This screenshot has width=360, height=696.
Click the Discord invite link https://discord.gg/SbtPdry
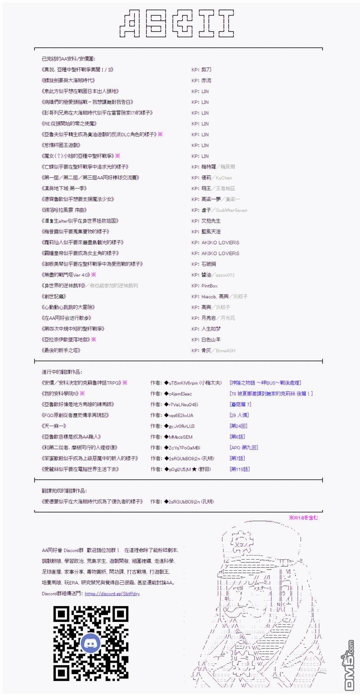coord(112,593)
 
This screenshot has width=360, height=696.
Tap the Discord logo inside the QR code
coord(91,643)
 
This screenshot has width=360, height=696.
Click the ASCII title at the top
coord(177,23)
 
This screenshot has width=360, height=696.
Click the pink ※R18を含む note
coord(303,517)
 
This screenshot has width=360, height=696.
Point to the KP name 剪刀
coord(206,69)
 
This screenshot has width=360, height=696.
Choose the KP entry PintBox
coord(209,286)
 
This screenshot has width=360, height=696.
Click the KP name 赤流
coord(206,80)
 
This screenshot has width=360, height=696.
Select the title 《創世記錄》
coord(54,296)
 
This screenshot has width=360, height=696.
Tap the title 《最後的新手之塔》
coord(61,350)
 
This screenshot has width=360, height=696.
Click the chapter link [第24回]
coord(238,426)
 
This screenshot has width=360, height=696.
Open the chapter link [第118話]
coord(239,469)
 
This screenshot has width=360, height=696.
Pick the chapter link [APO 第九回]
coord(244,448)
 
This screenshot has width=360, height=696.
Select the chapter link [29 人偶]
coord(239,415)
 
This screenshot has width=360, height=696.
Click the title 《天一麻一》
coord(54,426)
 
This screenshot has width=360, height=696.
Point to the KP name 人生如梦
coord(211,329)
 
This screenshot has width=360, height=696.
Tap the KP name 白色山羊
coord(211,340)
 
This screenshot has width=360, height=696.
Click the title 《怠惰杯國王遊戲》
coord(61,145)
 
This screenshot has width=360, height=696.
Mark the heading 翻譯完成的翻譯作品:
coord(64,491)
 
